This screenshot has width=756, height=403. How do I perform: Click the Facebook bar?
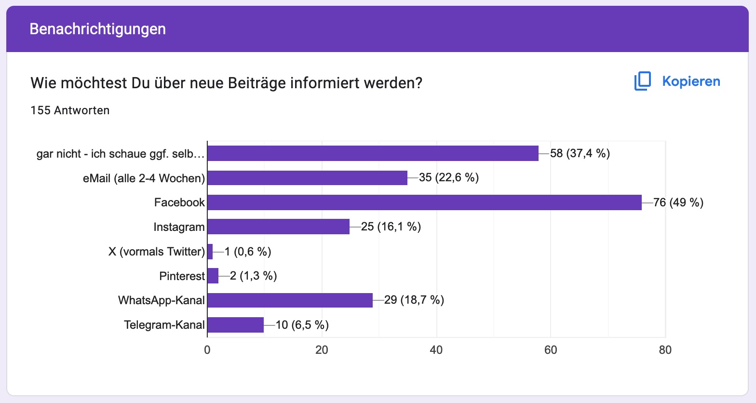click(424, 202)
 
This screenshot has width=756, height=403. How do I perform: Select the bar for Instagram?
click(278, 227)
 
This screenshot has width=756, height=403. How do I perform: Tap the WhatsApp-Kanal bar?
click(290, 300)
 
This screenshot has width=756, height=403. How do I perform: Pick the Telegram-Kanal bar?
click(235, 325)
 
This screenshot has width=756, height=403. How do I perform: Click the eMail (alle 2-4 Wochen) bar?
click(307, 178)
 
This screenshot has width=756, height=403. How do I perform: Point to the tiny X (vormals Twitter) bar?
click(210, 252)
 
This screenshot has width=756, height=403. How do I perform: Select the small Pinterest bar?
click(213, 276)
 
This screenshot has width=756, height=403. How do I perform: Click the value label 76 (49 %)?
click(678, 202)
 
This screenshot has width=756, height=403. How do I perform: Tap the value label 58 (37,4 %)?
click(580, 153)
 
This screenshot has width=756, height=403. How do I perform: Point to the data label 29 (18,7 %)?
click(414, 300)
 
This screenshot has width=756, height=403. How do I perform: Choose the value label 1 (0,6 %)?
click(248, 252)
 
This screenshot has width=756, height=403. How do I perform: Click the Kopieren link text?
click(691, 81)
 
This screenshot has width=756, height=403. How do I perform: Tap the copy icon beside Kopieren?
click(643, 81)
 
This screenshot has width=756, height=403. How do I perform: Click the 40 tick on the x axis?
click(436, 350)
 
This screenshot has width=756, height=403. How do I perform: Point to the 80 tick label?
click(665, 350)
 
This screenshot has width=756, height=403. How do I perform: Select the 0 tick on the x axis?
click(207, 350)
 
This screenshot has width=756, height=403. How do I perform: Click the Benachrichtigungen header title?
click(98, 29)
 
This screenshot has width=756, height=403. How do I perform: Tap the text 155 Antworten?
click(70, 110)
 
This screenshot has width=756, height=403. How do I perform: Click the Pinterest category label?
click(182, 276)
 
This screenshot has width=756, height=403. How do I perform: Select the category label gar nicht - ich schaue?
click(121, 154)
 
